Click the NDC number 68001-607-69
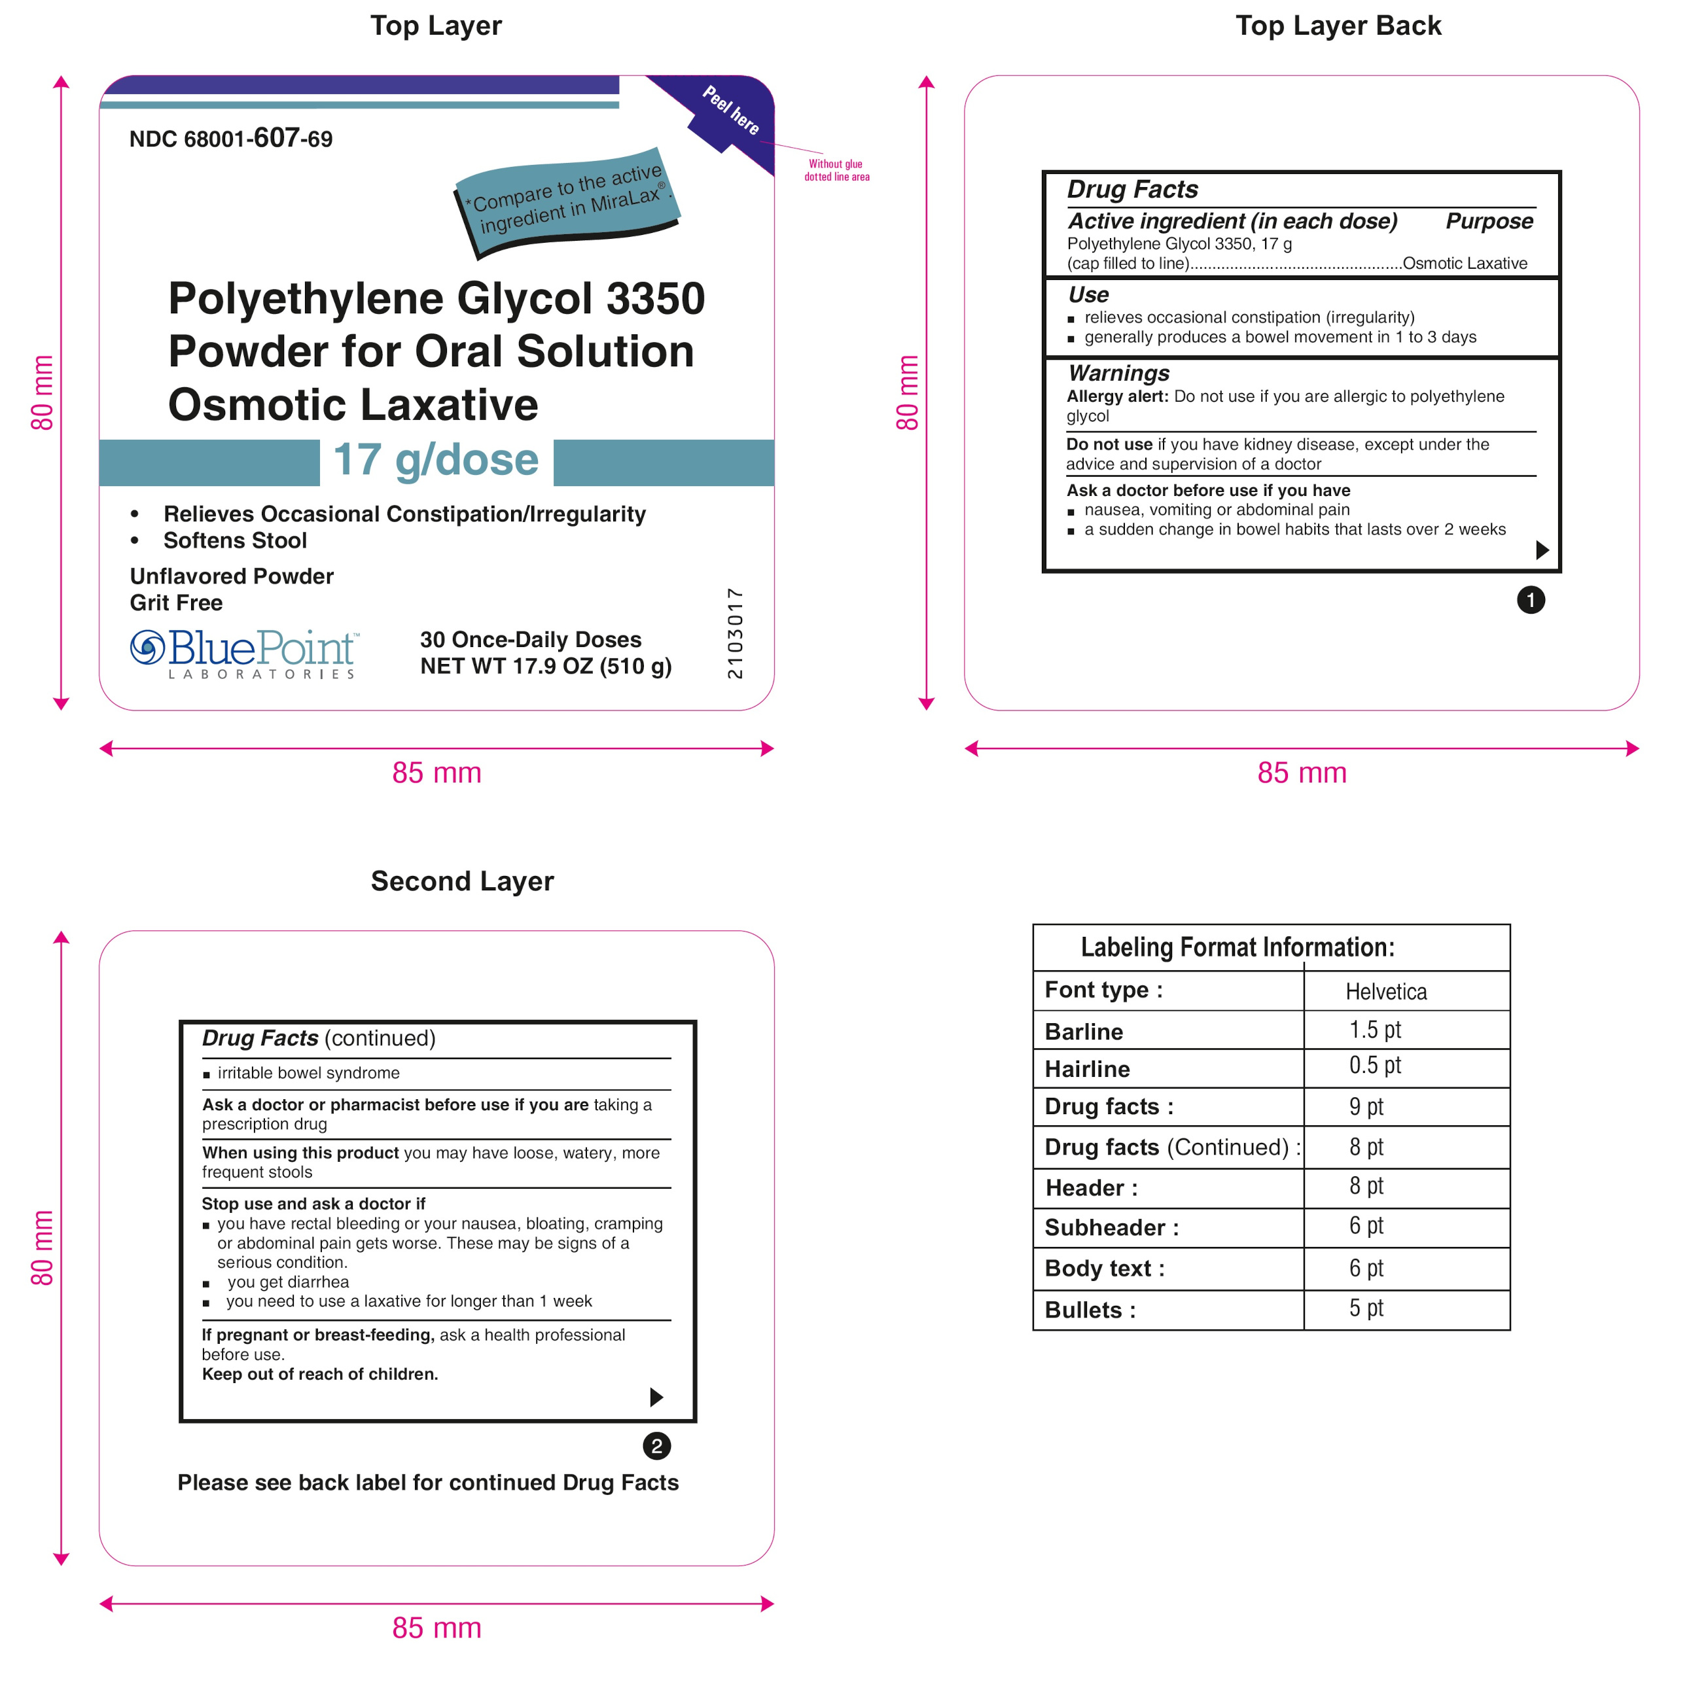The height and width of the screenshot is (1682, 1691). tap(230, 138)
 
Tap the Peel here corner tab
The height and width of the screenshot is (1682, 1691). tap(730, 111)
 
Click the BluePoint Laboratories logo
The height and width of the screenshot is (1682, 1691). tap(243, 653)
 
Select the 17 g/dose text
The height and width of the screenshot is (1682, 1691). tap(436, 461)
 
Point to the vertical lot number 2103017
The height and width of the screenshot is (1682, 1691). tap(734, 633)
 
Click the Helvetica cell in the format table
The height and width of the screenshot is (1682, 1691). tap(1385, 992)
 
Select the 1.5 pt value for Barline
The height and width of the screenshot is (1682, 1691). tap(1374, 1029)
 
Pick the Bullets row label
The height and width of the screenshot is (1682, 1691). tap(1089, 1310)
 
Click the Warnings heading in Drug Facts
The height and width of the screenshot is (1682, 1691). tap(1118, 374)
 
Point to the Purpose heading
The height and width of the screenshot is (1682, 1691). tap(1489, 220)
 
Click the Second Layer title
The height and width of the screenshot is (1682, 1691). tap(462, 881)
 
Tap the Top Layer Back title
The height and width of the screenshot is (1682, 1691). tap(1338, 26)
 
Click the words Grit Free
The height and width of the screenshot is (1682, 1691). tap(176, 603)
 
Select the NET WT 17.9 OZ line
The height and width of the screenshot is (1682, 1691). tap(545, 666)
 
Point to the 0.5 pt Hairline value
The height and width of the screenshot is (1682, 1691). tap(1374, 1065)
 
